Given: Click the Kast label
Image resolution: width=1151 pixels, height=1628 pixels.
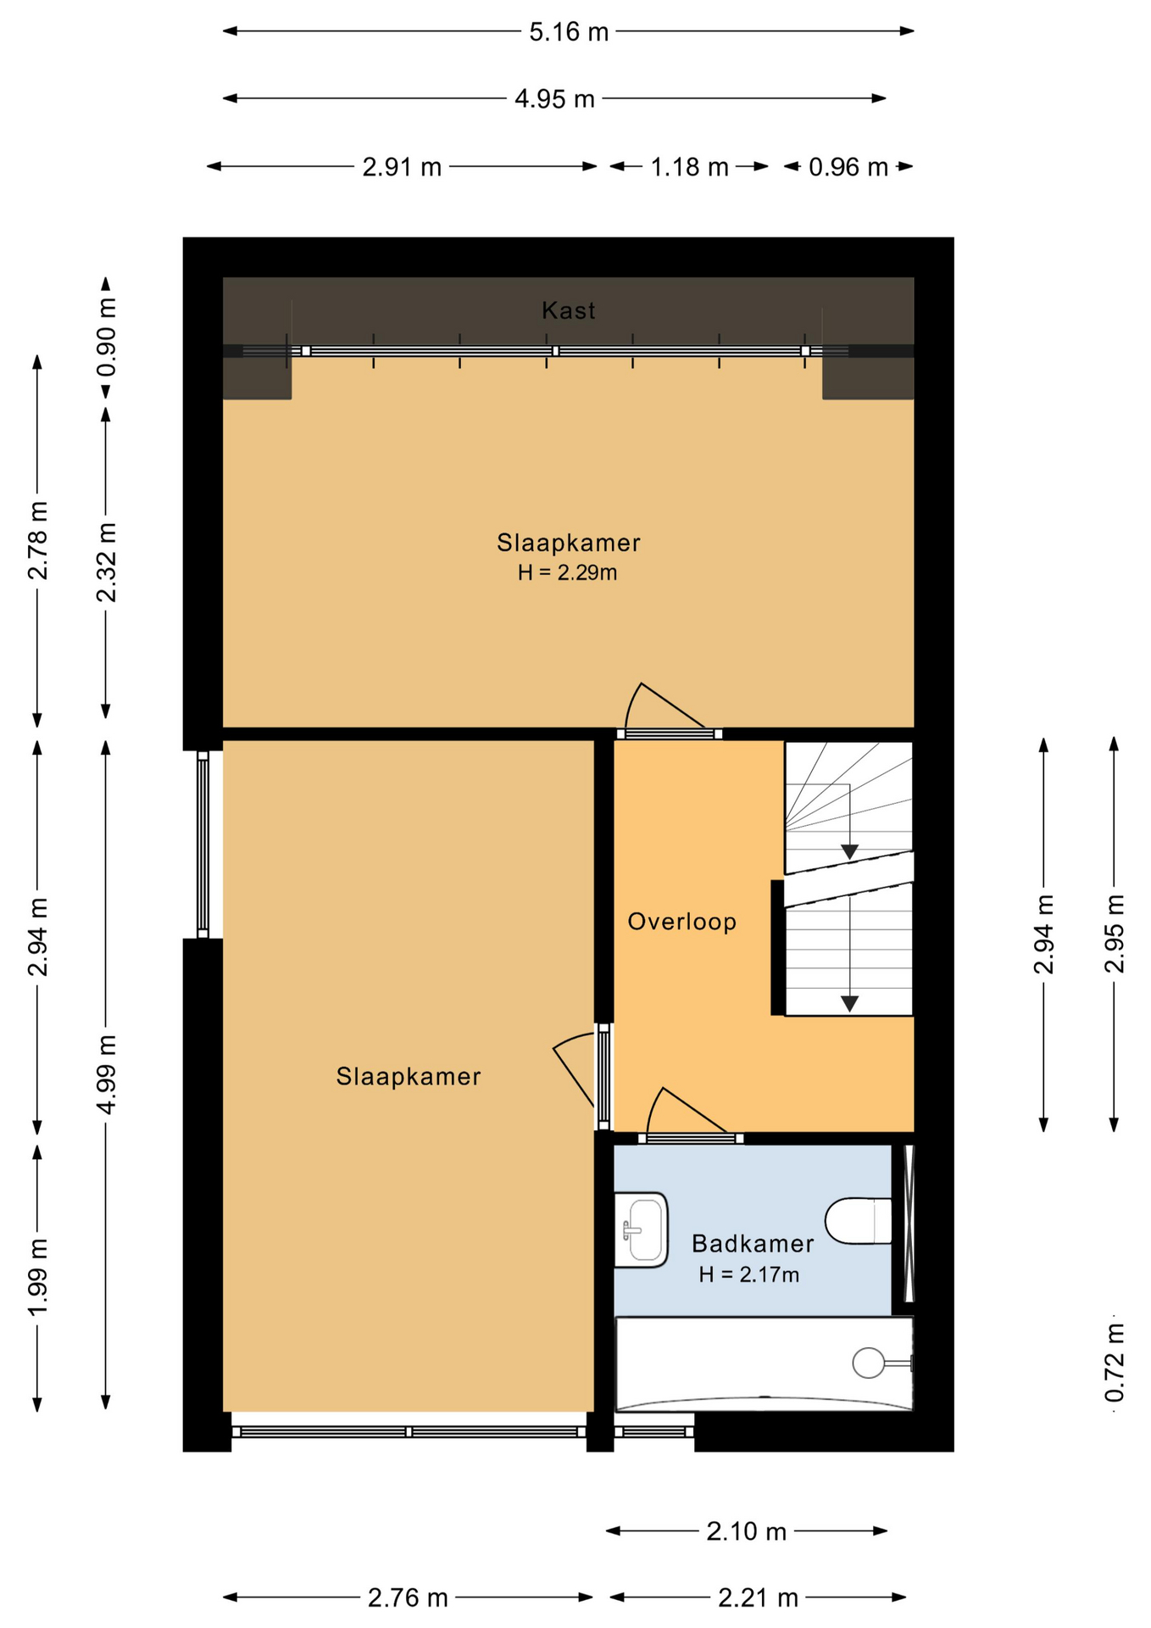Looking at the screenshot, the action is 568,310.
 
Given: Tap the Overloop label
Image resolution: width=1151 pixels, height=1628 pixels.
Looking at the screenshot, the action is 681,922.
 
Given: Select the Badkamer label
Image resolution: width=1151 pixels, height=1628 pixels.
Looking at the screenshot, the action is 753,1244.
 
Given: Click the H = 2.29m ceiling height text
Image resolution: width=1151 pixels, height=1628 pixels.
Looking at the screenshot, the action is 567,573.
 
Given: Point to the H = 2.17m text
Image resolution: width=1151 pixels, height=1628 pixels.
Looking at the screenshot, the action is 748,1275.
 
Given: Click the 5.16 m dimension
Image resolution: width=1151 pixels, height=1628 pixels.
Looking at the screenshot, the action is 569,32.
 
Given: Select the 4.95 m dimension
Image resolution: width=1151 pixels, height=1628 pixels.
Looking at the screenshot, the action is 554,99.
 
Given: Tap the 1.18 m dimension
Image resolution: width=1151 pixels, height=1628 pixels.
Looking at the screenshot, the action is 689,167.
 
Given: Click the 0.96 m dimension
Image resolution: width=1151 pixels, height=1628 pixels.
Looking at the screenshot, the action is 848,167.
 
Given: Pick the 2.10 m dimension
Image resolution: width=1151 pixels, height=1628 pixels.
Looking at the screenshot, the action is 747,1531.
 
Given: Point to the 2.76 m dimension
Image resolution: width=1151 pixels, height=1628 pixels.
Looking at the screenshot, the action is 408,1598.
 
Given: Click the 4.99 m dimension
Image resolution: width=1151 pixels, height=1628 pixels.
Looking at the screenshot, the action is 106,1074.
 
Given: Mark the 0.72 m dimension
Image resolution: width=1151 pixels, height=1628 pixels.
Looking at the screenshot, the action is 1115,1363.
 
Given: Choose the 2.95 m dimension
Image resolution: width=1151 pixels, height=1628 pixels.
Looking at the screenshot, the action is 1115,934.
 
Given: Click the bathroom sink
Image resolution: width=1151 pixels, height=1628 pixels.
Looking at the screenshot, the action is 641,1230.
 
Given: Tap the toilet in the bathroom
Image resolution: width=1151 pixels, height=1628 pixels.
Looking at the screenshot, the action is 858,1221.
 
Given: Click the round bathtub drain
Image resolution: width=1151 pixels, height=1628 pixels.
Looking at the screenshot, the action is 869,1363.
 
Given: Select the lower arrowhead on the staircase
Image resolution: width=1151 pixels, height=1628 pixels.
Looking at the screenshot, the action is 849,1004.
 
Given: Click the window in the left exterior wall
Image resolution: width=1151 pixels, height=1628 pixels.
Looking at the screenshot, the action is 203,844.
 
